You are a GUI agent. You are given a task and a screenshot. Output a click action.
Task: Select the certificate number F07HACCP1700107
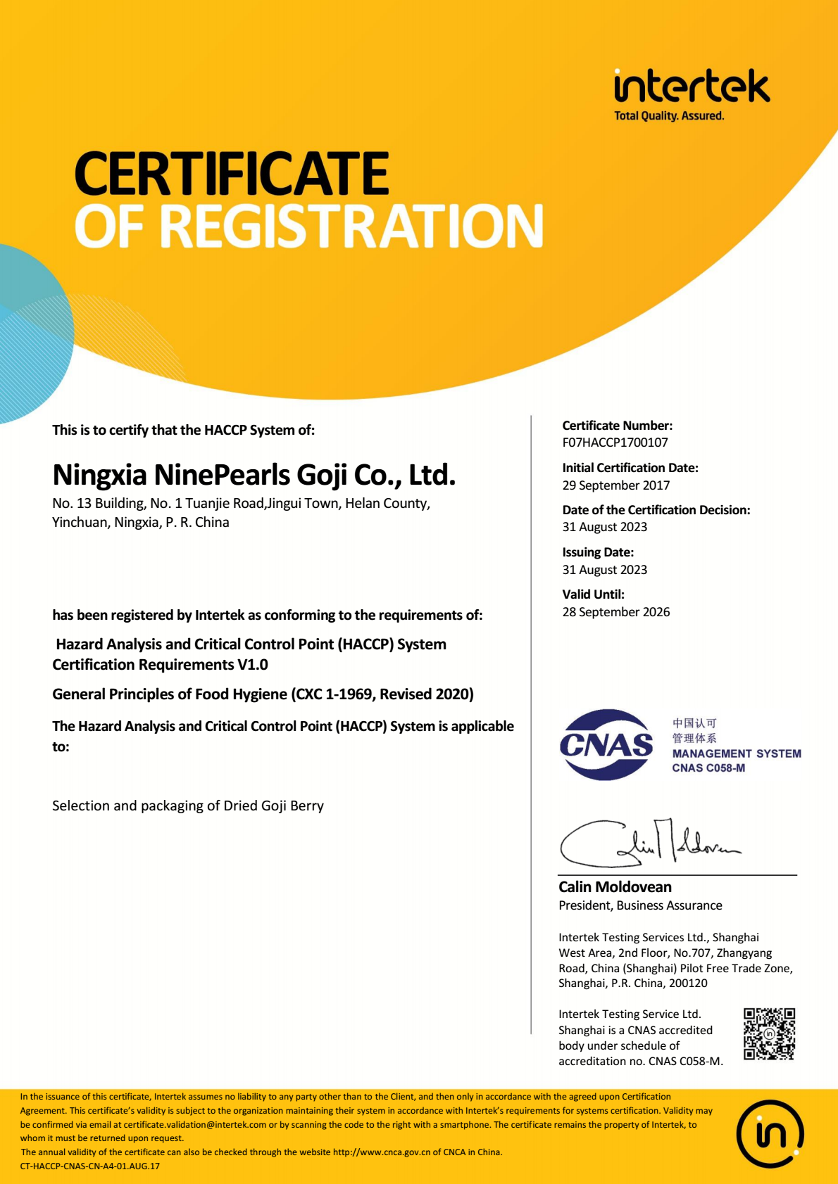tap(615, 443)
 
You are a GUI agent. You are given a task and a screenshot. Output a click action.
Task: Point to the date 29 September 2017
tap(615, 485)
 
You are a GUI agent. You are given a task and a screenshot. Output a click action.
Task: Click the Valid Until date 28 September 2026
tap(615, 612)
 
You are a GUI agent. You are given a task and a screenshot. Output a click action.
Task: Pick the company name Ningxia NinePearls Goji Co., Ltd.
tap(254, 476)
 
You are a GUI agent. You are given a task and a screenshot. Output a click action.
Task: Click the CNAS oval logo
tap(606, 744)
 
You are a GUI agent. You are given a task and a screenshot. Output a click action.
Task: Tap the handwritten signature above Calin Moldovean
tap(648, 843)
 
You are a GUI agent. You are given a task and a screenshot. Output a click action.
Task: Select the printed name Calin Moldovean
tap(615, 887)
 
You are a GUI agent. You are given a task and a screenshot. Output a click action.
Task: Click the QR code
tap(769, 1033)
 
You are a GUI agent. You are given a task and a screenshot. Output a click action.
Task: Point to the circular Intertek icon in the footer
tap(770, 1134)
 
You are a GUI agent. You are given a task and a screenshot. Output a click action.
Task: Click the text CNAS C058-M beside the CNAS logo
tap(708, 768)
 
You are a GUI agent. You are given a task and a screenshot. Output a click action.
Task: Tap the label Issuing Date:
tap(598, 552)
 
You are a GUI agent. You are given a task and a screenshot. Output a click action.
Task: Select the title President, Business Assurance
tap(640, 905)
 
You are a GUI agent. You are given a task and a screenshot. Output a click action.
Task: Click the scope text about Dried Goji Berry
tap(188, 806)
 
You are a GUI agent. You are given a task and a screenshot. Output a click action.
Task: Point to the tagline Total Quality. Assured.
tap(668, 116)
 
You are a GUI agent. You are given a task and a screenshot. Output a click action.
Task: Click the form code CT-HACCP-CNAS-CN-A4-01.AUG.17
tap(90, 1166)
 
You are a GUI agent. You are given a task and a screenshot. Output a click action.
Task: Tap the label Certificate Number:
tap(617, 426)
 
